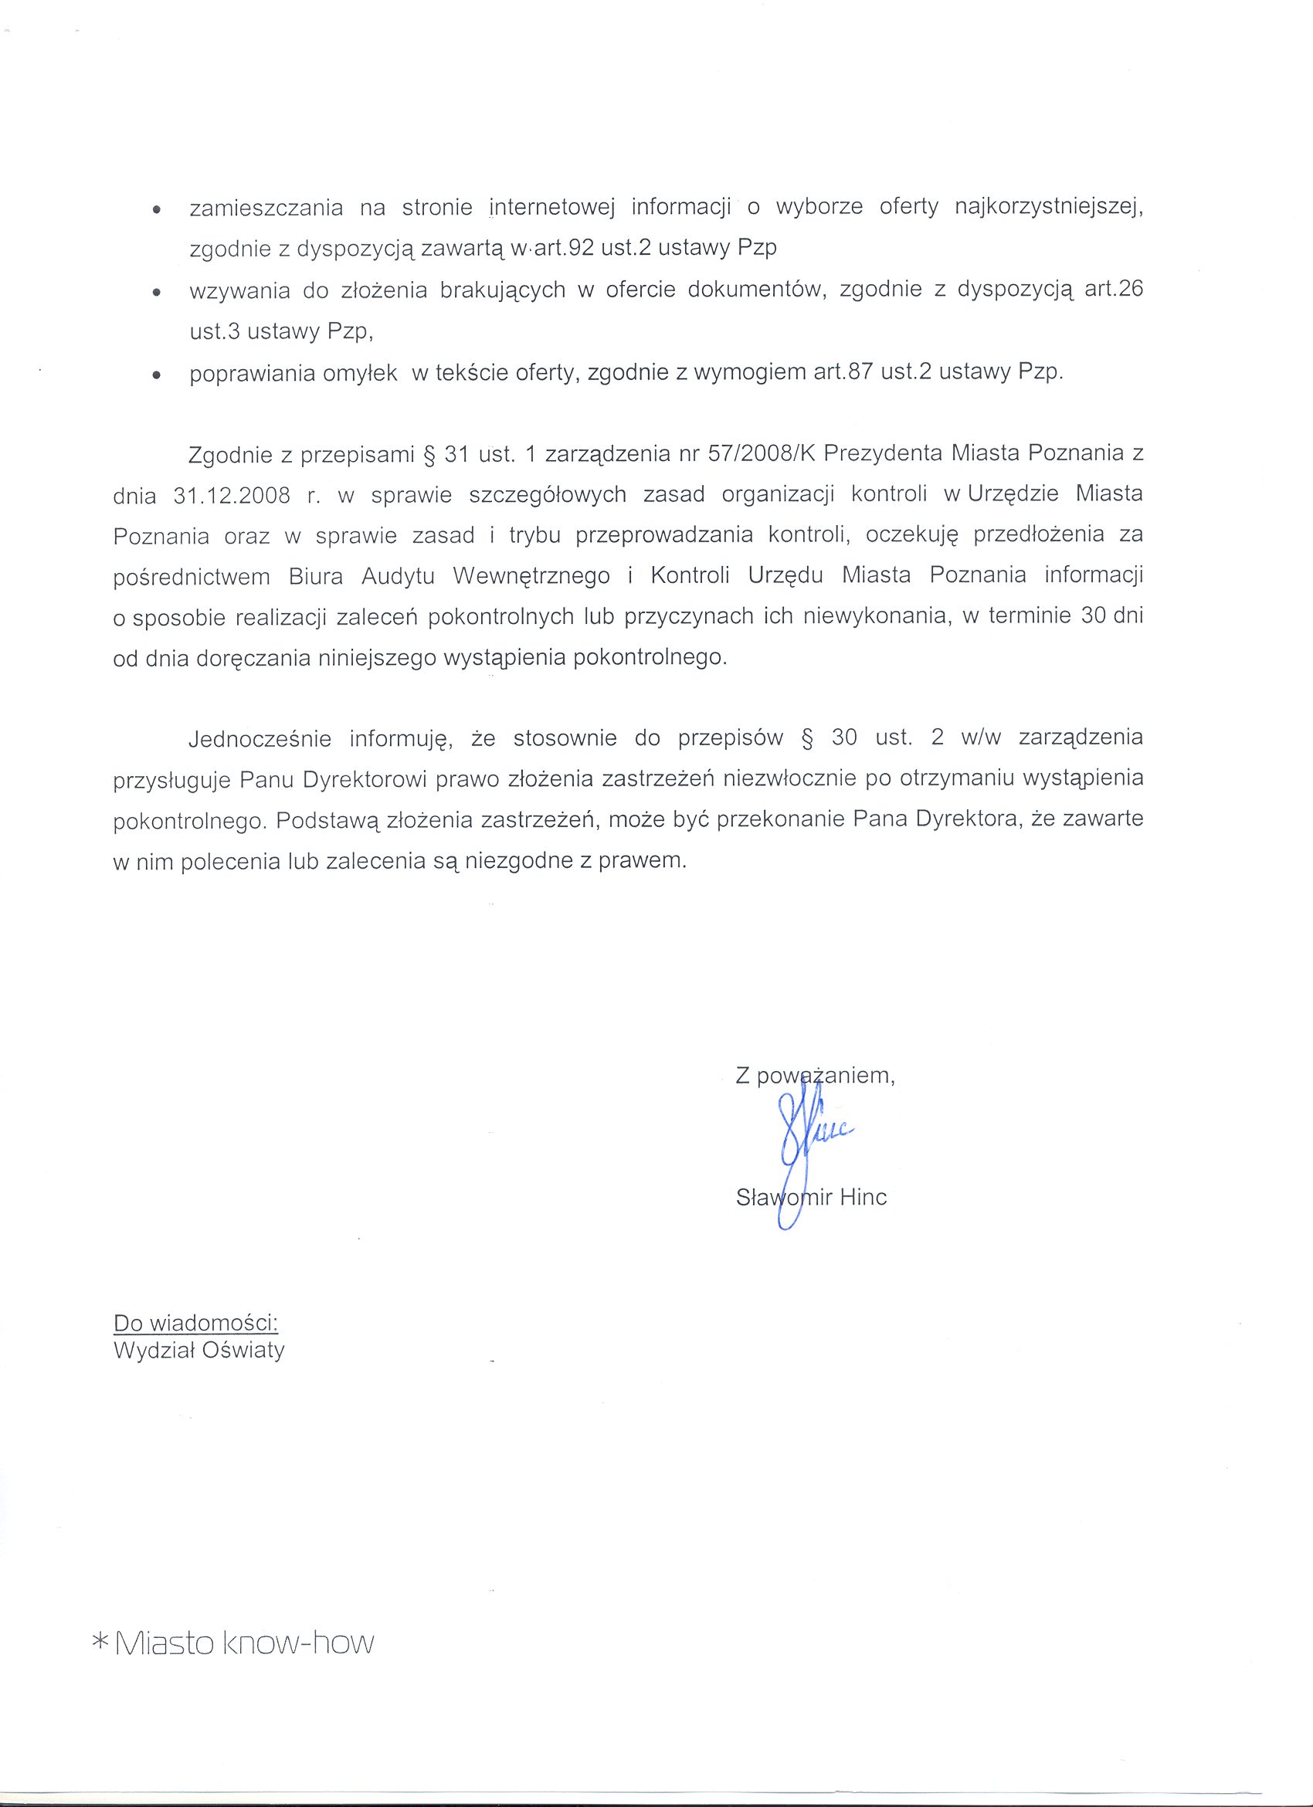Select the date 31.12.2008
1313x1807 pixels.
231,496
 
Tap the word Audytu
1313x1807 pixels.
398,576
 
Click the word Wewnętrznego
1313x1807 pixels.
531,576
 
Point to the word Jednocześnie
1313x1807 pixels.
260,738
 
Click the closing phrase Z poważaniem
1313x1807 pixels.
814,1076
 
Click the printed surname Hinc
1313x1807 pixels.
862,1198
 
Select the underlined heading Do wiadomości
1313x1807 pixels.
196,1324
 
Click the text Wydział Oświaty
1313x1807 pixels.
199,1351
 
